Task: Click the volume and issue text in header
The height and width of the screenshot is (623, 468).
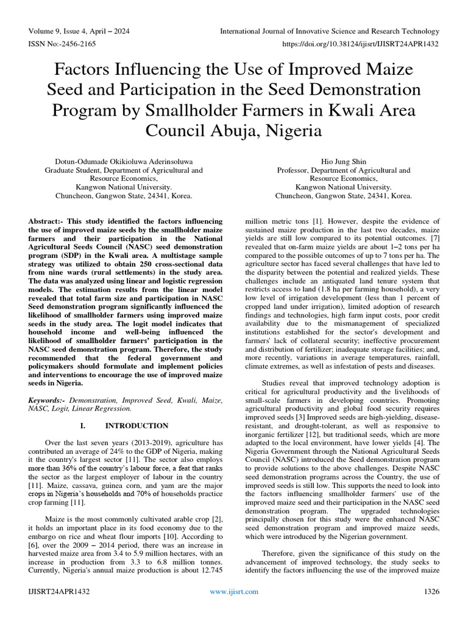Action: click(x=79, y=31)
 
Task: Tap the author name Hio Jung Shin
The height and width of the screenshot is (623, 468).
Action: click(x=343, y=162)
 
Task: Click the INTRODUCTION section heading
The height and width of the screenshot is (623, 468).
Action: click(x=136, y=425)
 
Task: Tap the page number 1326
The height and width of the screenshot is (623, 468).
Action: click(x=430, y=591)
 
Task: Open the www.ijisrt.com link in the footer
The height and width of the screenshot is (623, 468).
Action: click(x=234, y=591)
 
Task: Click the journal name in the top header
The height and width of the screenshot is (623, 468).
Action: click(x=329, y=31)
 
